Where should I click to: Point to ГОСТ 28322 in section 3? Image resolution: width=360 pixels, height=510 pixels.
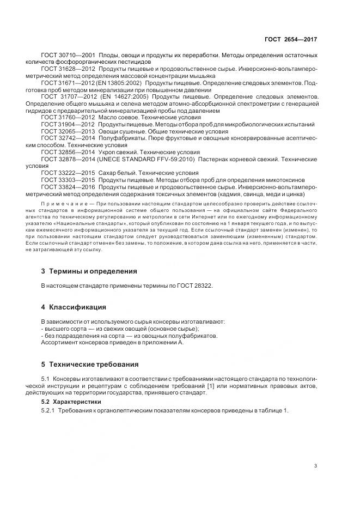tap(196, 285)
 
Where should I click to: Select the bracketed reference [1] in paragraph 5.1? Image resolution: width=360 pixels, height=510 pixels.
tap(205, 386)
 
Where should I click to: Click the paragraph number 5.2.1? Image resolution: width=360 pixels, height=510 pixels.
tap(49, 410)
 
